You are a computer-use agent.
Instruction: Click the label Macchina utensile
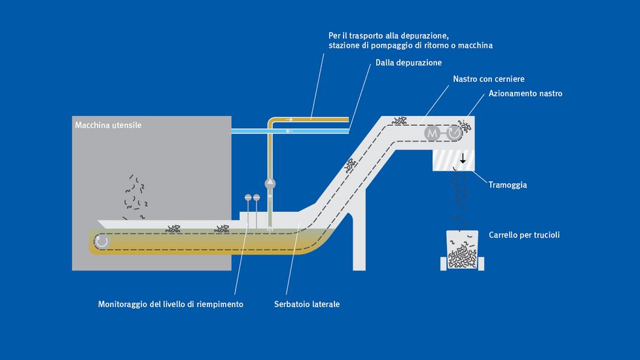click(x=108, y=125)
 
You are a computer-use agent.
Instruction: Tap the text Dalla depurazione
click(x=408, y=63)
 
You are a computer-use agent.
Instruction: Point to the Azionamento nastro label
click(x=525, y=94)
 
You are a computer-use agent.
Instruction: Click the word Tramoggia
click(x=507, y=185)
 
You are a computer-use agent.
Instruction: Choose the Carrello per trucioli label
click(x=524, y=234)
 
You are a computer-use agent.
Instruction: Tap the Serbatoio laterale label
click(x=307, y=304)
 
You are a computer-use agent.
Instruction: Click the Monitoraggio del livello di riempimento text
click(x=170, y=304)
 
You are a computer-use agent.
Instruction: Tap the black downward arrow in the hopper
click(x=463, y=158)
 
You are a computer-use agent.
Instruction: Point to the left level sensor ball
click(x=247, y=197)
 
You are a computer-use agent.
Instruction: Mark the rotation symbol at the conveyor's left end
click(x=101, y=242)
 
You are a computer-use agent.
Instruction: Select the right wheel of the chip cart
click(x=484, y=263)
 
